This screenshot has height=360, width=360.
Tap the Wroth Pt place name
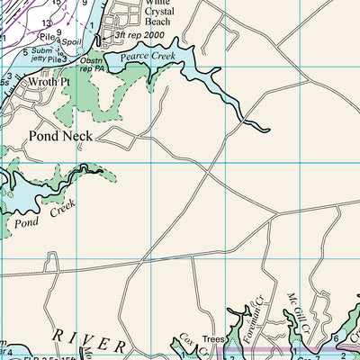49,81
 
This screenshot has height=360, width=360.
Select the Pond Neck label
59,136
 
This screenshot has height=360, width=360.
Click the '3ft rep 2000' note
140,35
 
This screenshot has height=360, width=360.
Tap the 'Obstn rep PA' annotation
91,66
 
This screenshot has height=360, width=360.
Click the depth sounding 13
46,23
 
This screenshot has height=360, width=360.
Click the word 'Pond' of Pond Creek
26,220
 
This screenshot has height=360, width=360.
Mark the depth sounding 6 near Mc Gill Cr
335,338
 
